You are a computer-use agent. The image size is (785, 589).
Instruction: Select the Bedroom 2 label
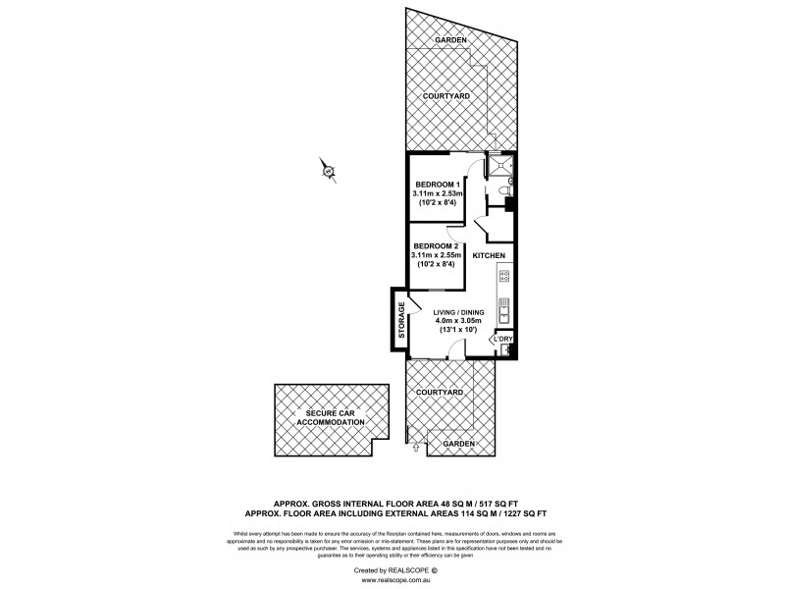coord(436,245)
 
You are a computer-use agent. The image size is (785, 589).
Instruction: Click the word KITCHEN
coord(489,255)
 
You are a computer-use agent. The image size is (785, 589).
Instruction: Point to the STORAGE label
coord(401,321)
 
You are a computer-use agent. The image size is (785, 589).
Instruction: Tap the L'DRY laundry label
coord(503,340)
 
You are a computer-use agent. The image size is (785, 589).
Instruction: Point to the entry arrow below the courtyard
coord(416,448)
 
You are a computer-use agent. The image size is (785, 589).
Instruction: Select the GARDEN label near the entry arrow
coord(457,444)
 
